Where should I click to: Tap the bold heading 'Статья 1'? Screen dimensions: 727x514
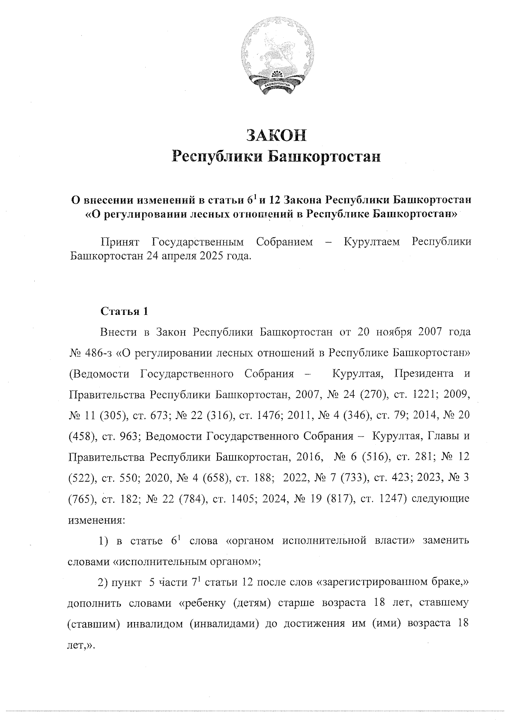tap(124, 311)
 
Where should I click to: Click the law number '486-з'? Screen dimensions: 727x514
tap(96, 353)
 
